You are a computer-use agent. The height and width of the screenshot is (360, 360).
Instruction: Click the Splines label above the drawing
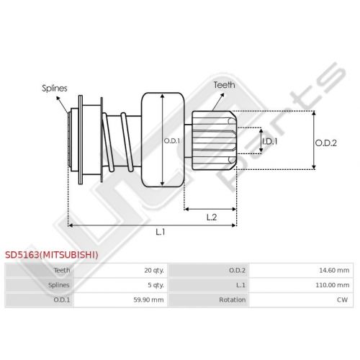tap(55, 89)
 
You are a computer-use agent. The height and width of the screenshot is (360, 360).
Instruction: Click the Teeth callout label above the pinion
tap(224, 85)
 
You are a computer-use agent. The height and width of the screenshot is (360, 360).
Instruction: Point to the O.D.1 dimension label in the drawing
tap(171, 141)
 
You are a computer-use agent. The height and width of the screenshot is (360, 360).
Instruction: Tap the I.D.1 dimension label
tap(270, 141)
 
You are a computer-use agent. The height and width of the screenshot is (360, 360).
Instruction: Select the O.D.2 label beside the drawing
tap(326, 143)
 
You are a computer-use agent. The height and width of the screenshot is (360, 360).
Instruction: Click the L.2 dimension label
tap(212, 217)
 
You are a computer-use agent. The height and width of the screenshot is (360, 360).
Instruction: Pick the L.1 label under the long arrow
tap(161, 232)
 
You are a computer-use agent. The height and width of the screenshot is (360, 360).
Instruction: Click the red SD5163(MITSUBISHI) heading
tap(52, 255)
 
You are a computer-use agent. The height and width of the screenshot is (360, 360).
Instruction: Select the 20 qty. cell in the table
tap(154, 271)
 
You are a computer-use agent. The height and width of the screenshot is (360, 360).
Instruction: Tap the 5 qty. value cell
tap(156, 285)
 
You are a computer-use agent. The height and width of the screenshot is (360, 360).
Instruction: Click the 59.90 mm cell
tap(148, 300)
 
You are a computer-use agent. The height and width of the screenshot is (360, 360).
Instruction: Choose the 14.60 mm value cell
tap(334, 271)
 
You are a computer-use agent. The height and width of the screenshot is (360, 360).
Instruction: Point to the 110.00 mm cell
tap(333, 285)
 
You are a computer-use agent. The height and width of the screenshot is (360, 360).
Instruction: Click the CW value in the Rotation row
tap(343, 300)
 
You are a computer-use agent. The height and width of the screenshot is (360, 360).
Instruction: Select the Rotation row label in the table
tap(232, 300)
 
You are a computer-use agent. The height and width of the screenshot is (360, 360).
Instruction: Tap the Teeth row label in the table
tap(62, 271)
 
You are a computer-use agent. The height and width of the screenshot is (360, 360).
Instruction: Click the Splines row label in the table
tap(59, 285)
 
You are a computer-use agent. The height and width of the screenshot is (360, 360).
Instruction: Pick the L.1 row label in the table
tap(240, 285)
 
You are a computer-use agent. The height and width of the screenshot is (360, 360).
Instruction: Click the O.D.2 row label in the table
tap(237, 271)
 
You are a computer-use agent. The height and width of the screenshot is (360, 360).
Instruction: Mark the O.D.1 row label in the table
tap(62, 300)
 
